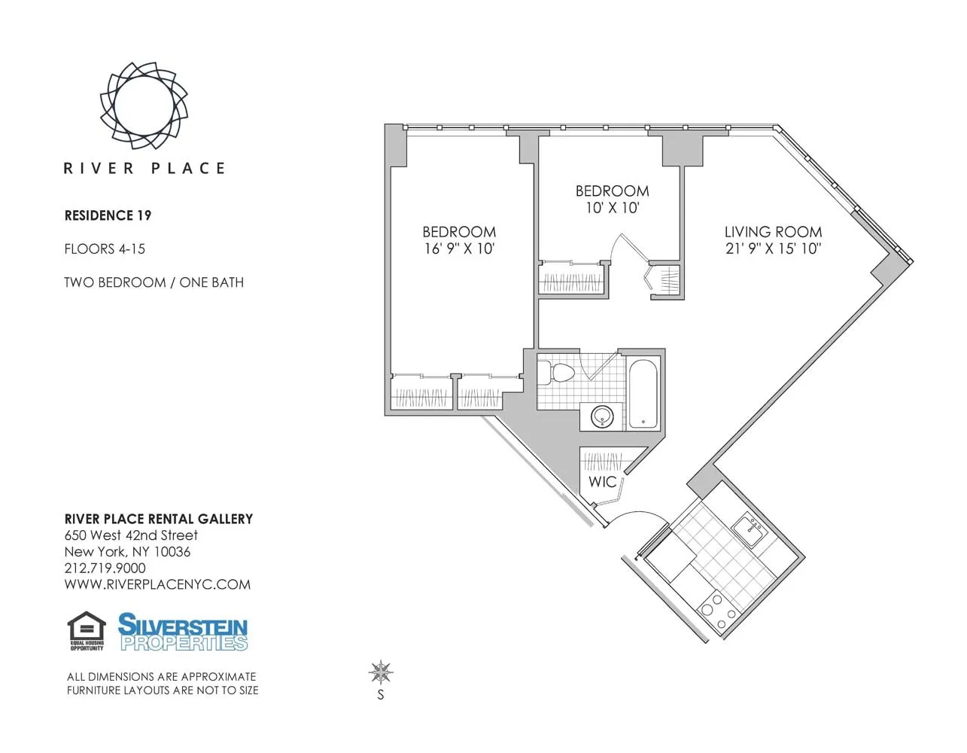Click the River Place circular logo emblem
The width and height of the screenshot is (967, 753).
(x=144, y=105)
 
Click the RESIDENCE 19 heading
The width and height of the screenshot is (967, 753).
(x=108, y=215)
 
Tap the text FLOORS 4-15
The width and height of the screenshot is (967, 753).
(x=105, y=248)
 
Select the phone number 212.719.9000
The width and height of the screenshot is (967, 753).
(x=105, y=568)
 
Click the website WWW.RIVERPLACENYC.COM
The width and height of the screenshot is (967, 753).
(x=157, y=584)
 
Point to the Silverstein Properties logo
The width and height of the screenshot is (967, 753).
(x=183, y=632)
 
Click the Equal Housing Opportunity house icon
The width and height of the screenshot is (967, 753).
(x=87, y=630)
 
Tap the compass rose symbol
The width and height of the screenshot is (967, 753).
(x=381, y=672)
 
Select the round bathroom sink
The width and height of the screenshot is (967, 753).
(x=602, y=416)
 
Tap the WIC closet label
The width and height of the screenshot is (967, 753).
(x=602, y=482)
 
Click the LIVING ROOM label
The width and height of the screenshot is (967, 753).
(x=773, y=232)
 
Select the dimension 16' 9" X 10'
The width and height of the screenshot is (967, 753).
(x=459, y=248)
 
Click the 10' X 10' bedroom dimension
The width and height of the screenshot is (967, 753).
(x=612, y=208)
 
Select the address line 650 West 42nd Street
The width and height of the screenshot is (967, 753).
(x=131, y=535)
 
